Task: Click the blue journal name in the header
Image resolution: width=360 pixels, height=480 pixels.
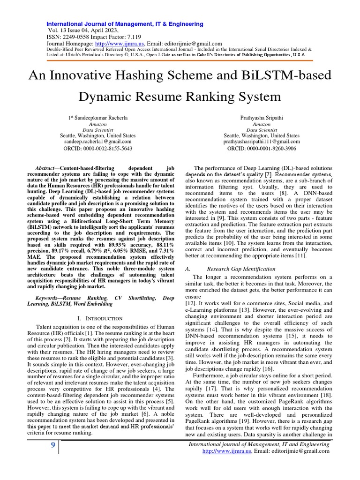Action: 124,24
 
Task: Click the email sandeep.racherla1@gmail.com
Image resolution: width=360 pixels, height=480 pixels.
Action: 98,141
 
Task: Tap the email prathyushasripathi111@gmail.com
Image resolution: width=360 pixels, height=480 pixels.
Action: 262,141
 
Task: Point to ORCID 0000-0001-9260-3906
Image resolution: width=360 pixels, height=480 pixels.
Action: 262,148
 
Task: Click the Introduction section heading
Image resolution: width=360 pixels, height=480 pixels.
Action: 100,318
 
